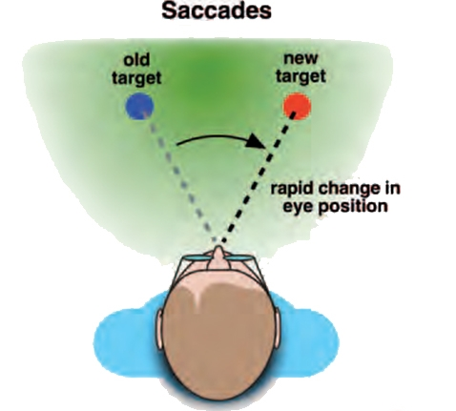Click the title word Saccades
pyautogui.click(x=217, y=10)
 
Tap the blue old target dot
pyautogui.click(x=139, y=107)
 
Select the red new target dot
pyautogui.click(x=297, y=106)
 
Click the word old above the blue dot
pyautogui.click(x=136, y=60)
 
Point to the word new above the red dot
pyautogui.click(x=301, y=58)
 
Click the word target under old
pyautogui.click(x=136, y=77)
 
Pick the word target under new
pyautogui.click(x=301, y=76)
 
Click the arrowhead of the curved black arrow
pyautogui.click(x=257, y=141)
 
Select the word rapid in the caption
pyautogui.click(x=291, y=190)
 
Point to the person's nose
pyautogui.click(x=218, y=256)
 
